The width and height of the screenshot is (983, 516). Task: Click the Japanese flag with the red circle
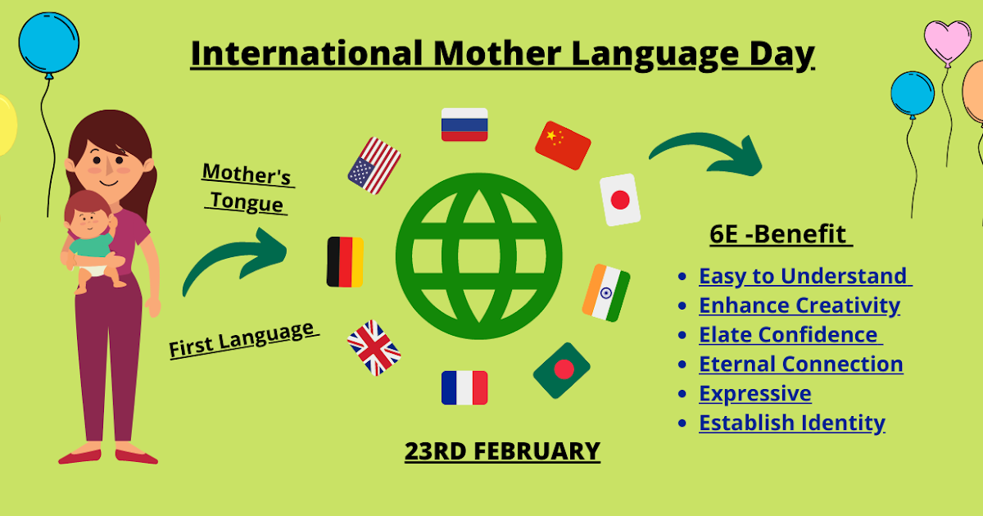click(620, 200)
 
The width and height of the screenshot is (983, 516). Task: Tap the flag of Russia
click(464, 124)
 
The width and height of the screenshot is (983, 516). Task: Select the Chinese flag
click(563, 145)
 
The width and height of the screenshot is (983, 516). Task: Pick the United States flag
click(374, 165)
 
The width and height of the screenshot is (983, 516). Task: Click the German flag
click(345, 262)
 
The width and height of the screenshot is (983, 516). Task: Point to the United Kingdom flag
click(374, 347)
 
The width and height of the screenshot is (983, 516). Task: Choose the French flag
click(464, 387)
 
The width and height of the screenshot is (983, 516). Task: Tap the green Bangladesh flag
click(562, 370)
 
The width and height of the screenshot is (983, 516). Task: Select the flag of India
click(606, 292)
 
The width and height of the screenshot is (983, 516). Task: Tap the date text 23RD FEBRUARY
click(502, 451)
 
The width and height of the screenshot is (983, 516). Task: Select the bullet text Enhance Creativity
click(799, 306)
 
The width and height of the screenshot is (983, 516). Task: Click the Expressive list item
click(754, 394)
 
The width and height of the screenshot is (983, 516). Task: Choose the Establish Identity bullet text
click(791, 423)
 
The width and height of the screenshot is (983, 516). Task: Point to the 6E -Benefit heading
click(780, 234)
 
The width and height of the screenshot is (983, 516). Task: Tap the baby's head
click(88, 215)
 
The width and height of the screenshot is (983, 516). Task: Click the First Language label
click(242, 339)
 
